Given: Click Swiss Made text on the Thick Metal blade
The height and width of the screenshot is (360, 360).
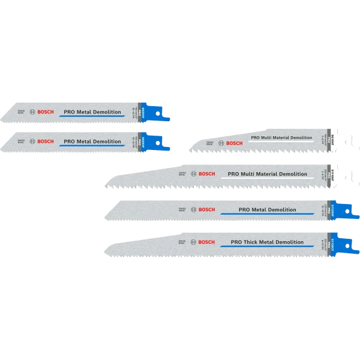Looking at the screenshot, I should (182, 242).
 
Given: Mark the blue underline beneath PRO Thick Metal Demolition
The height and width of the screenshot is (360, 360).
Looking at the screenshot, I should (267, 247).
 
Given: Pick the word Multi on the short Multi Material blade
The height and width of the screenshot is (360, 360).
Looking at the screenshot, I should (268, 138).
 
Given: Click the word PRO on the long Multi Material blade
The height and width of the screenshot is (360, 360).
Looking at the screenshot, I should (234, 174).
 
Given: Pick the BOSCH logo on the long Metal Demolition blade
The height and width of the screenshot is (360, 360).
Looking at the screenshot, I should (205, 209).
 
